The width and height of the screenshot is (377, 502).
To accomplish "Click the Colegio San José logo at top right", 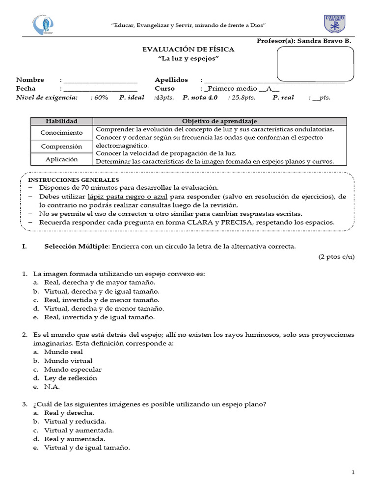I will [x=335, y=25].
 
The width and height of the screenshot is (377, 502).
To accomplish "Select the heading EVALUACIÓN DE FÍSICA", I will [x=188, y=50].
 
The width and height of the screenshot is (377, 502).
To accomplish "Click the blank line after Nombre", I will [x=100, y=80].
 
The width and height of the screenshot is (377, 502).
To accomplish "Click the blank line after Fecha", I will [x=100, y=89].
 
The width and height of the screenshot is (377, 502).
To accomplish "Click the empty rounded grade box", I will [x=315, y=63].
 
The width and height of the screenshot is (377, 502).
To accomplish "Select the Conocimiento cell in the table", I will [x=61, y=133].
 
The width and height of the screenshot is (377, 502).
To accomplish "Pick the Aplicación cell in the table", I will [x=61, y=159].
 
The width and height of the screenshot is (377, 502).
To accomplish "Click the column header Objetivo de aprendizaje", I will [x=219, y=121].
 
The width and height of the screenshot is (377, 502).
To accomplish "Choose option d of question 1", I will [x=104, y=309].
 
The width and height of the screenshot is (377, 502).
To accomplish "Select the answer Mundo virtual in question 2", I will [x=68, y=361].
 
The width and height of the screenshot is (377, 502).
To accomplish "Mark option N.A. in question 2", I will [x=52, y=387].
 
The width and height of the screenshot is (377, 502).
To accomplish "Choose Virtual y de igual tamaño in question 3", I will [x=86, y=448].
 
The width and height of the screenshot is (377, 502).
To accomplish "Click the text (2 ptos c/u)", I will [x=336, y=257].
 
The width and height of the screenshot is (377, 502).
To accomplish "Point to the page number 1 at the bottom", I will [x=352, y=472].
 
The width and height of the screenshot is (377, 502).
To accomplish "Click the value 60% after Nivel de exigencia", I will [x=100, y=98].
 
